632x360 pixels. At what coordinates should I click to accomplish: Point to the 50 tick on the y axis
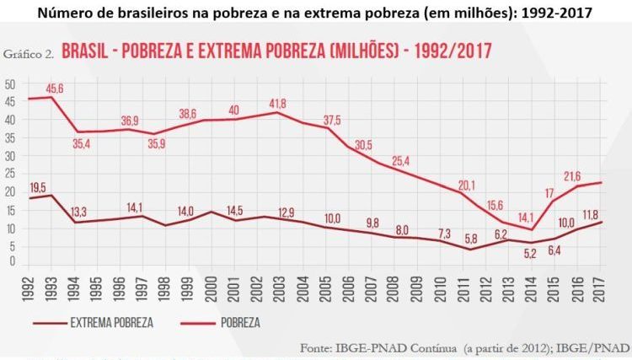pyautogui.click(x=11, y=85)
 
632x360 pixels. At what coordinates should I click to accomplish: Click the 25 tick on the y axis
pyautogui.click(x=11, y=174)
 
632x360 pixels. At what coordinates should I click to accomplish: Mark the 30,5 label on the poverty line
pyautogui.click(x=363, y=145)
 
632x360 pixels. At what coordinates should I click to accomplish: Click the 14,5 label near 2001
pyautogui.click(x=235, y=209)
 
